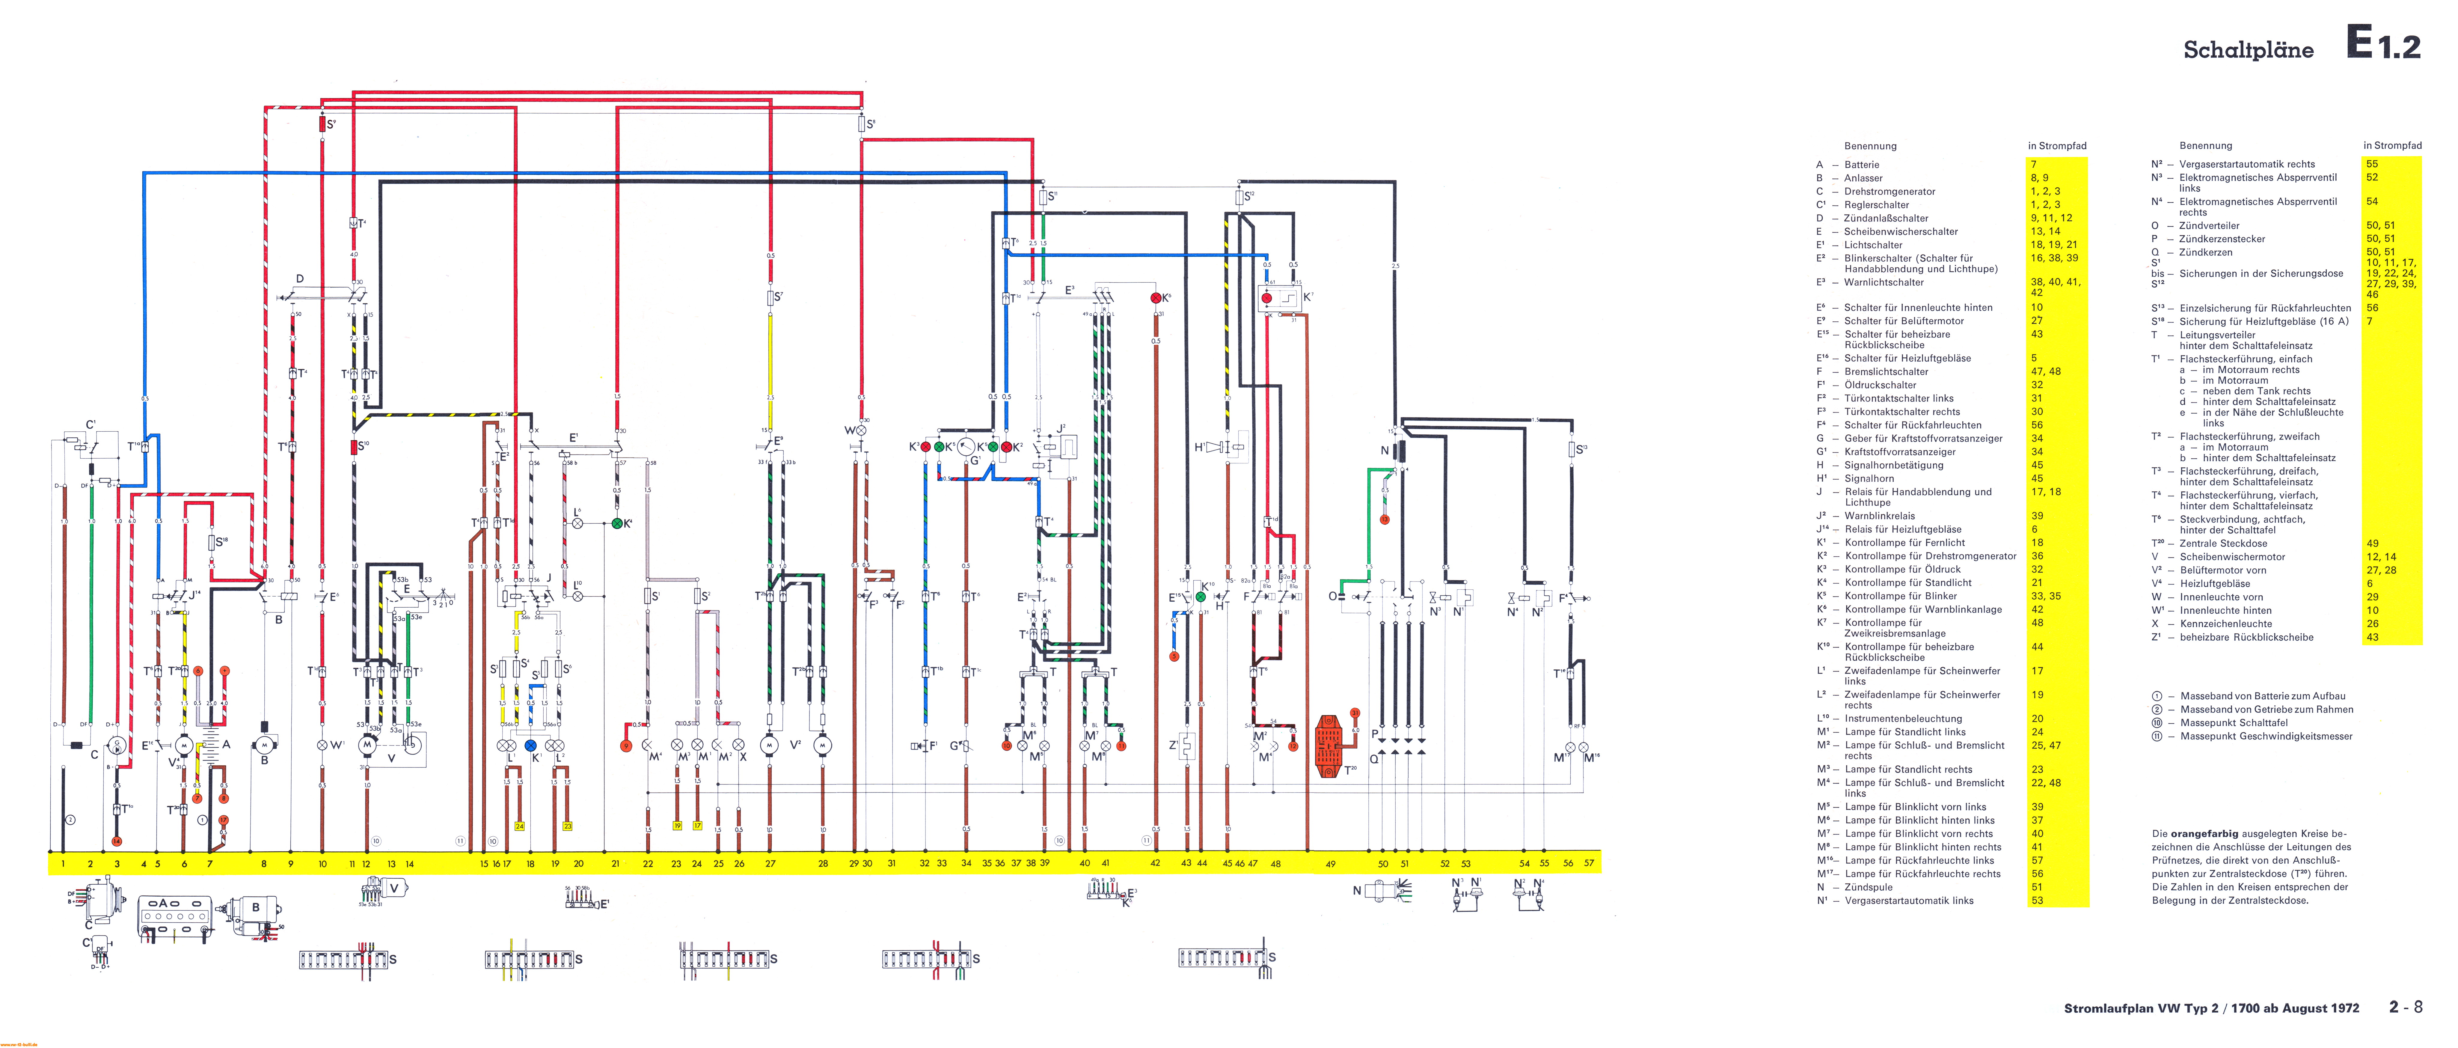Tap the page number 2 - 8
pyautogui.click(x=2405, y=1007)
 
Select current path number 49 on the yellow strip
pyautogui.click(x=1330, y=864)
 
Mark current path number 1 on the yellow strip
pyautogui.click(x=63, y=864)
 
